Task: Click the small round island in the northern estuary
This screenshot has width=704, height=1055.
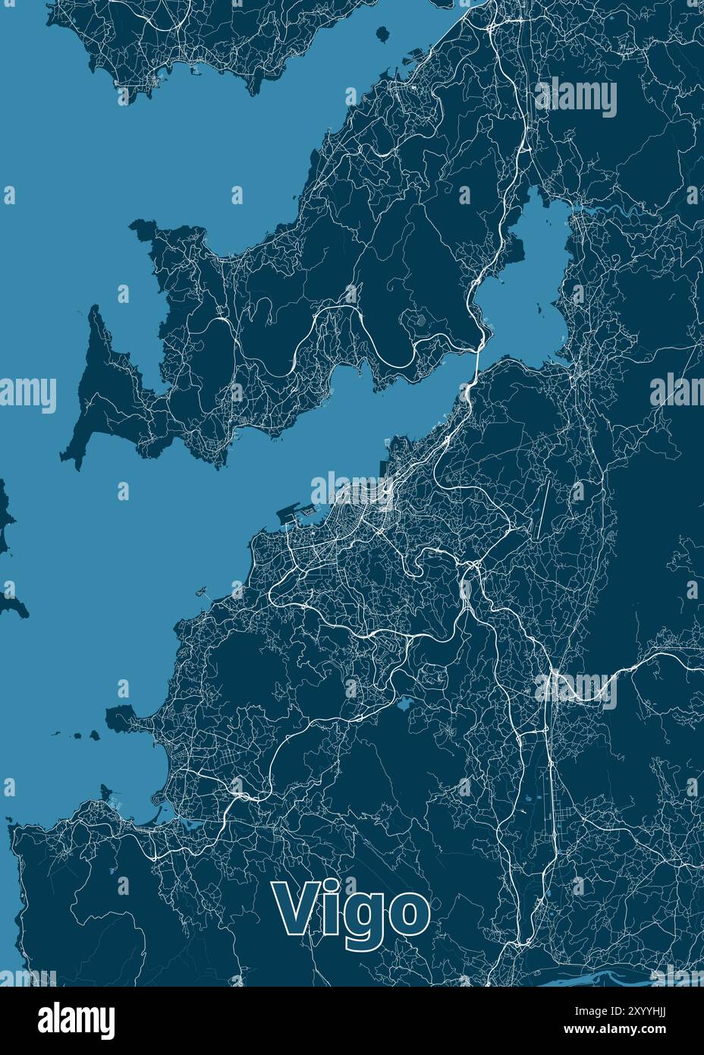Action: point(383,33)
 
